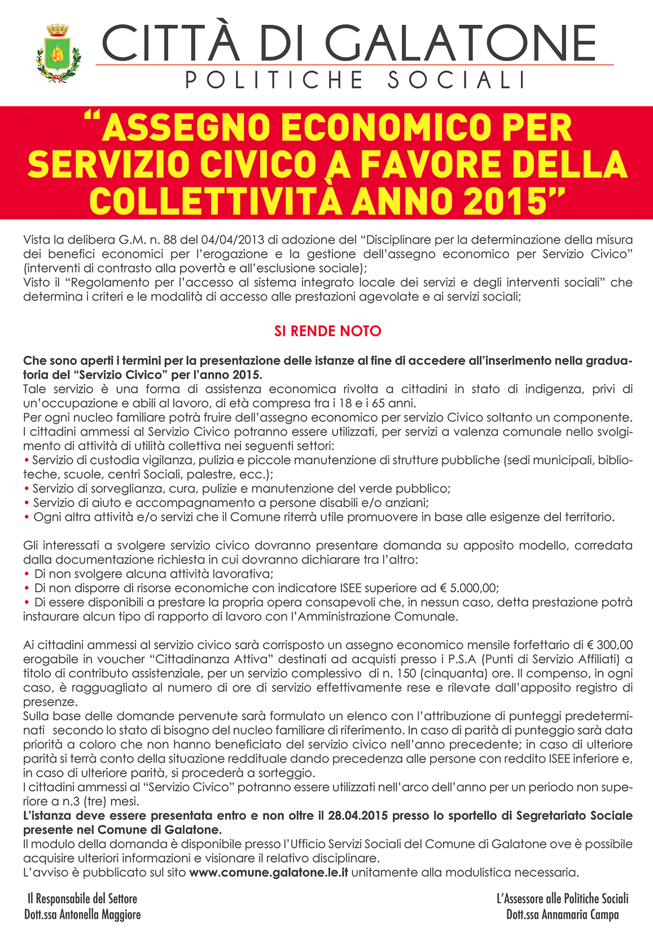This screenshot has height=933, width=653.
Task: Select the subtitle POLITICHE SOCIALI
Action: click(356, 80)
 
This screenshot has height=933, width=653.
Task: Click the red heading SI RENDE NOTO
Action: click(327, 331)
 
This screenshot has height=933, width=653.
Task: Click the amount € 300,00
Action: click(610, 645)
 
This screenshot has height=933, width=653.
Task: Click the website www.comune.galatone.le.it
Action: click(269, 873)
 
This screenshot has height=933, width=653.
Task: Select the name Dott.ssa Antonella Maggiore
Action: click(82, 914)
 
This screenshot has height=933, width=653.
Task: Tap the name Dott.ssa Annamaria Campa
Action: click(562, 914)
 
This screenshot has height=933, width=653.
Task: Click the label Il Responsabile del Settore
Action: click(82, 899)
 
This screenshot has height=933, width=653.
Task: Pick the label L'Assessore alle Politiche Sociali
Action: click(562, 899)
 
